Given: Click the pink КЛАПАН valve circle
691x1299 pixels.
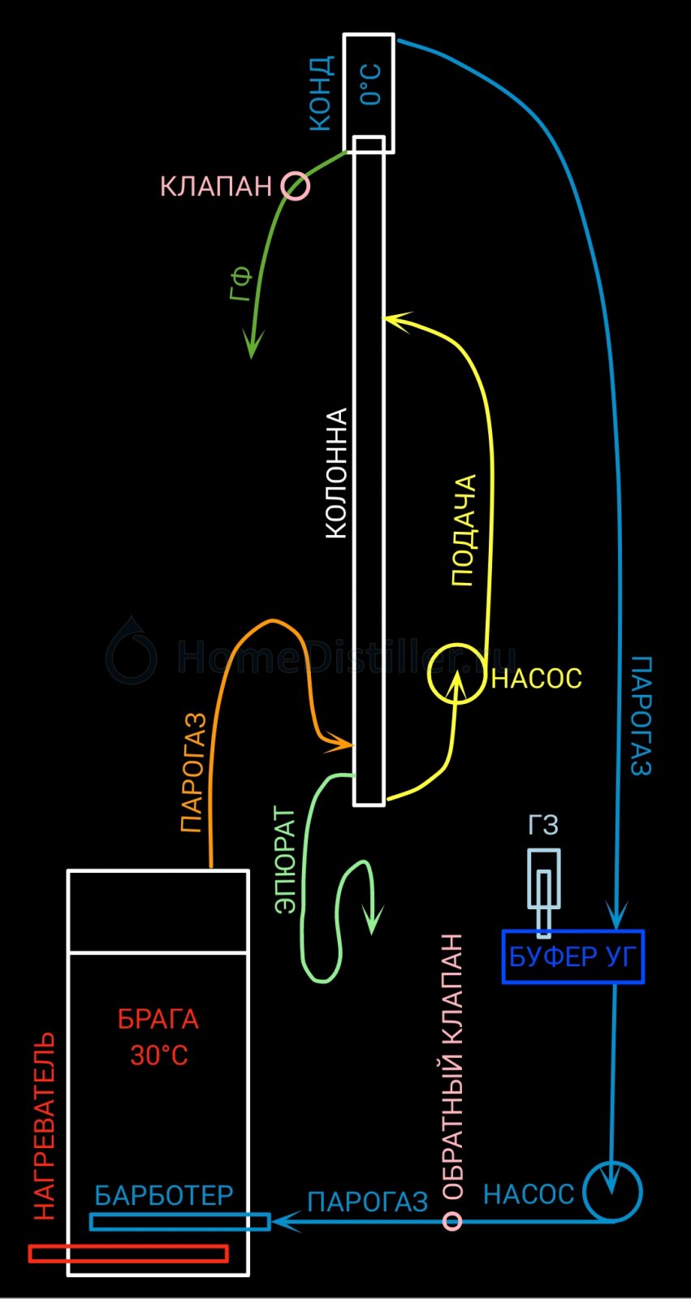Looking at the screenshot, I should pos(296,186).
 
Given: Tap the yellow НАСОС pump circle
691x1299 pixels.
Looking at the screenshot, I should pos(456,673).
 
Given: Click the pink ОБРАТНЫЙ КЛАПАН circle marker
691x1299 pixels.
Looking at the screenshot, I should pos(452,1220).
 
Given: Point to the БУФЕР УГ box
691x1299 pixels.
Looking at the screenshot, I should pos(572,956).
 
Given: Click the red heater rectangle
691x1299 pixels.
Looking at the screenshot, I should pos(128,1253).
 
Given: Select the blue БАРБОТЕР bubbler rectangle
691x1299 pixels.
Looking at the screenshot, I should pos(179,1221).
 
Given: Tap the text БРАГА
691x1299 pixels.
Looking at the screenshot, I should pos(158,1019).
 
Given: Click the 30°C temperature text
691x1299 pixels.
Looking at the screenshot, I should pos(159,1055).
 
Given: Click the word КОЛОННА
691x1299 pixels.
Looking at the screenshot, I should pos(336,473).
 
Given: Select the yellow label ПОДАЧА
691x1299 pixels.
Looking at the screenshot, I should pos(463,531).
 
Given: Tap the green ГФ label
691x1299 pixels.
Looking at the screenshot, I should pos(241,284).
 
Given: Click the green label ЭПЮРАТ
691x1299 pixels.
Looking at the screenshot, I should pos(285,860).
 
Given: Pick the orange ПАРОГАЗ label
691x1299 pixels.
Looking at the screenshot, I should pos(192,773).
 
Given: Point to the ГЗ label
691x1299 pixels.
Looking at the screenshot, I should pos(543,826).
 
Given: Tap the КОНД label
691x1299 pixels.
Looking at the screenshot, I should pos(321,93).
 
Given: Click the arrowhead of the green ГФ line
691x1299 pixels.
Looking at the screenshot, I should pos(253,349).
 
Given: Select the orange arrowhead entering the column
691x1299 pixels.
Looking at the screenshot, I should pos(344,742).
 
